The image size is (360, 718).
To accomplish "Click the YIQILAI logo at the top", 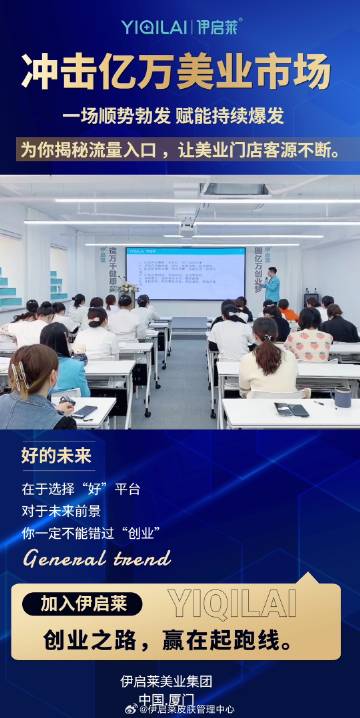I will [181, 27].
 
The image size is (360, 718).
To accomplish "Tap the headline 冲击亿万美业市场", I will [180, 73].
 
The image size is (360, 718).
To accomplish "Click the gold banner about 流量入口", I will [180, 151].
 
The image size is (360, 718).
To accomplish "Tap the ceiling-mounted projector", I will [186, 228].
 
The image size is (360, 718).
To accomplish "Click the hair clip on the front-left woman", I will [19, 375].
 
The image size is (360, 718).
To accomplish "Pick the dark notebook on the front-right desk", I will [292, 409].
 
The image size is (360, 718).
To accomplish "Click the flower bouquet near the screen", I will [126, 291].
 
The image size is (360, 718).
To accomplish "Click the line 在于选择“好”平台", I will [81, 489].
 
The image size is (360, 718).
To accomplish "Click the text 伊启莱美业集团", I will [166, 682].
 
